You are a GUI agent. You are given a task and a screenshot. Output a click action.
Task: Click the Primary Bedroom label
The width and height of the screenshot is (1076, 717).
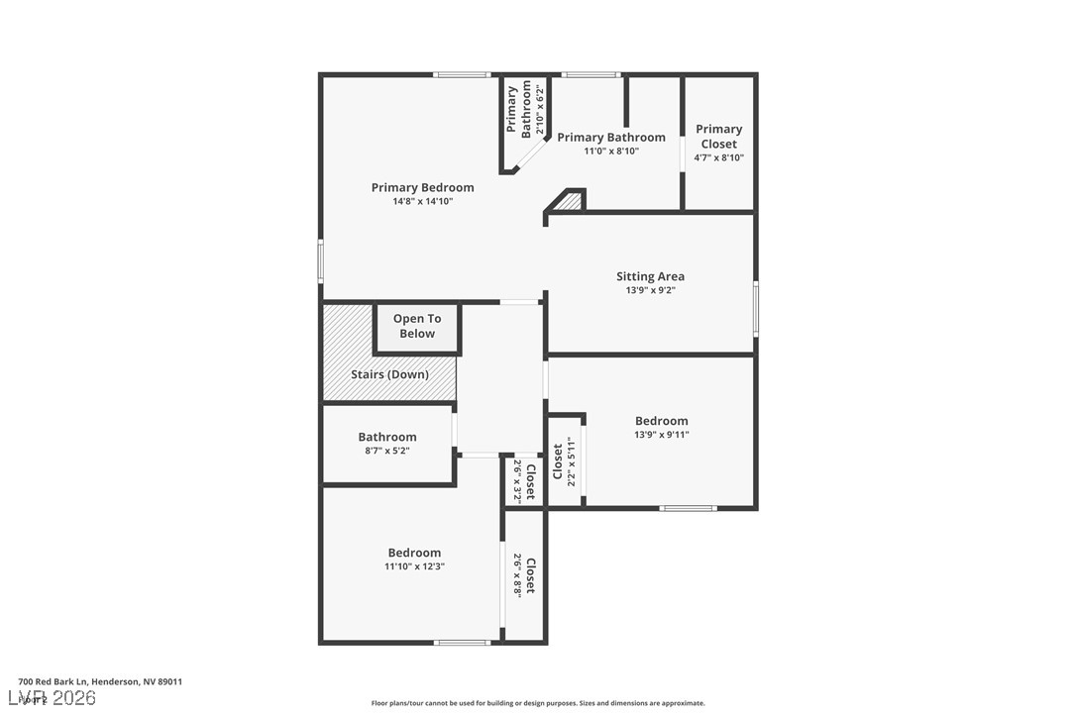point(422,187)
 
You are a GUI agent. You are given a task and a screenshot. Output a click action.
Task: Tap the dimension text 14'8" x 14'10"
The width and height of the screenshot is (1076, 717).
point(422,201)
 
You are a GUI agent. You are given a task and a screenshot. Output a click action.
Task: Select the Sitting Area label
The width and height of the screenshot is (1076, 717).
point(650,276)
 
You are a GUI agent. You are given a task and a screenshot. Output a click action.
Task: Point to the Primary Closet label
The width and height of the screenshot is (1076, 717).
point(718,136)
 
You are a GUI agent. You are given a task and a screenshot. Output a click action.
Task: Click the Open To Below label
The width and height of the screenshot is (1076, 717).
point(417,326)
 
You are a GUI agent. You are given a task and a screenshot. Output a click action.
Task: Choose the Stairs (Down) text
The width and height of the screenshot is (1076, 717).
point(389,374)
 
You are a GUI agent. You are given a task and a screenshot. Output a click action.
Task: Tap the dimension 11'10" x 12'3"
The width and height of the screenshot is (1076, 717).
point(414,566)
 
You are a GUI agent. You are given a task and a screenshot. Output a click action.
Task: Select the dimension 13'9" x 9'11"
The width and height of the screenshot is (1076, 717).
point(661,434)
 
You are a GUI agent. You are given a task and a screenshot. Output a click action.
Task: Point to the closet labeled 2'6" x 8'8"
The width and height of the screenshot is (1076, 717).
point(524,575)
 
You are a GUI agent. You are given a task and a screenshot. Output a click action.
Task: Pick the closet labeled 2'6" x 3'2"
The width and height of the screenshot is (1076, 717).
point(524,480)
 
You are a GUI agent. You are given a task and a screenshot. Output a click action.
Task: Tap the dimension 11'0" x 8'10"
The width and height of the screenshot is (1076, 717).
point(610,152)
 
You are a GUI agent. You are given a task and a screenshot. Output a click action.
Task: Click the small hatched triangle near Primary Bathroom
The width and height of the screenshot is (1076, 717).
point(569,201)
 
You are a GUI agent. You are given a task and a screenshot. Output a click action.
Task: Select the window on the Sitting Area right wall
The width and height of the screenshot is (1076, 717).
point(755,308)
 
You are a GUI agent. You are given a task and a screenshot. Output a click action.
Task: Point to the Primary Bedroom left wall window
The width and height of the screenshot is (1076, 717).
point(320,261)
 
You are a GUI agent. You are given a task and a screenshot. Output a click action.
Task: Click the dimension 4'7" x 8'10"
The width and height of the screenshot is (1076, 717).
point(718,157)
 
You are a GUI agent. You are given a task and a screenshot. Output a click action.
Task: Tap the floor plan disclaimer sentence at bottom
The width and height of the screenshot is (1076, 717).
point(538,703)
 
